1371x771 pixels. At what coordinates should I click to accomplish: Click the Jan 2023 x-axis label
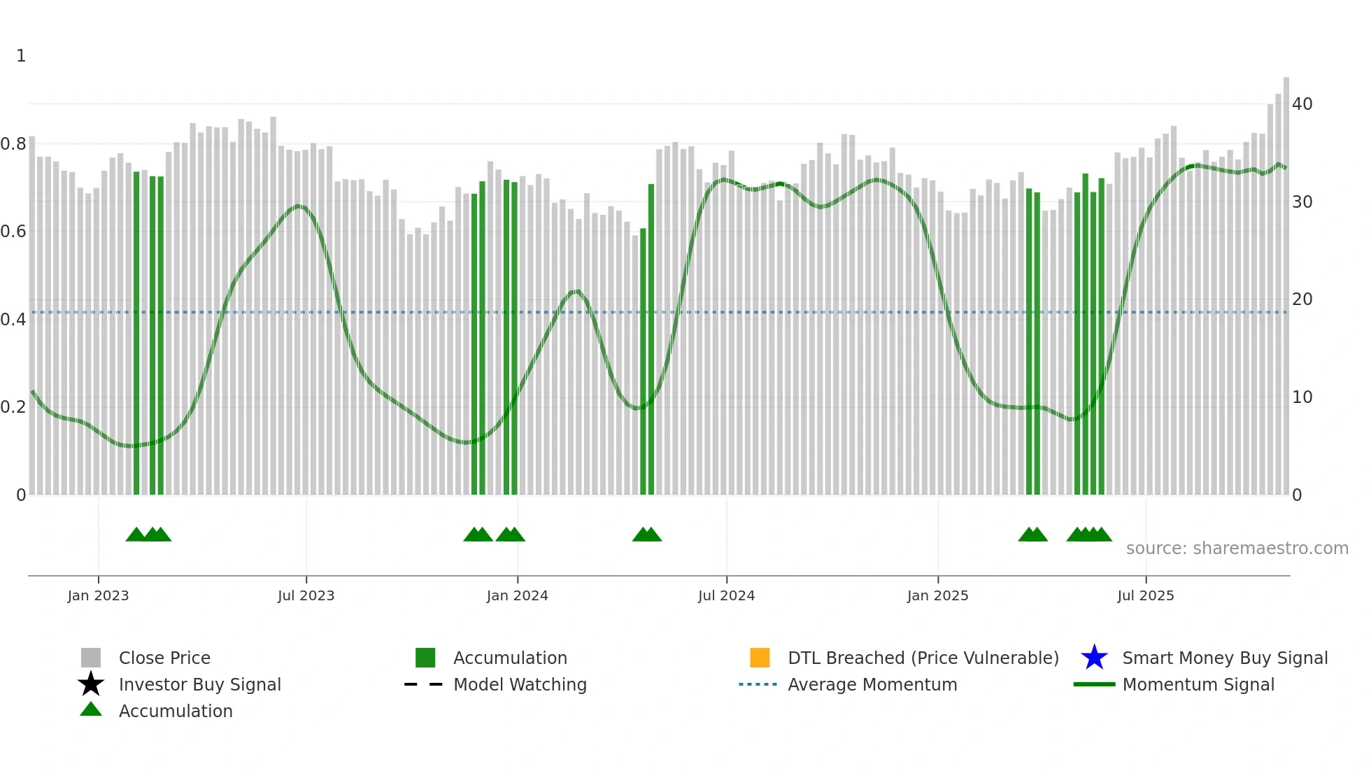point(98,595)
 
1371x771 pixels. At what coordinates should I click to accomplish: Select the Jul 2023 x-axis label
point(306,595)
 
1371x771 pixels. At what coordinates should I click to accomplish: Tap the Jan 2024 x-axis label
point(517,595)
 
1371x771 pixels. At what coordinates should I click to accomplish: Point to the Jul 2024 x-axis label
point(726,595)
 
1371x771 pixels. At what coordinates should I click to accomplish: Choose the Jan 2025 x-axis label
point(937,595)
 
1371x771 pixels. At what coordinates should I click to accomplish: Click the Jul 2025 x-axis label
point(1145,595)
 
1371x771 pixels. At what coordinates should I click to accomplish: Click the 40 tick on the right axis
point(1302,104)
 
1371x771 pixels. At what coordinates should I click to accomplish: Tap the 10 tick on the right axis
point(1302,397)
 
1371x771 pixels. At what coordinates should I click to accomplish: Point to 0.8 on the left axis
point(13,144)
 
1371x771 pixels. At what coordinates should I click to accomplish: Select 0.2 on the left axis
point(13,407)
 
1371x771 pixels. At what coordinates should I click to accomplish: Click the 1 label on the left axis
point(21,56)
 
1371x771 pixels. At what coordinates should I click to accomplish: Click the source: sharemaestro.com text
point(1237,549)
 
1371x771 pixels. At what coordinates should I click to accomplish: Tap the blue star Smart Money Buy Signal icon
point(1094,658)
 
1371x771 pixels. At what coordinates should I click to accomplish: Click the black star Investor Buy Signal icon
point(91,684)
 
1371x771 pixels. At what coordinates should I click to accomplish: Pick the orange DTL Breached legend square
point(760,658)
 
